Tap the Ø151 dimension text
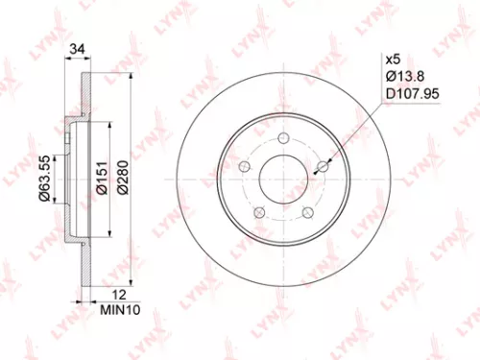(101, 178)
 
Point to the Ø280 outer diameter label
(122, 178)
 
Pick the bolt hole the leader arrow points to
(323, 167)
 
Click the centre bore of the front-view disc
(285, 180)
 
